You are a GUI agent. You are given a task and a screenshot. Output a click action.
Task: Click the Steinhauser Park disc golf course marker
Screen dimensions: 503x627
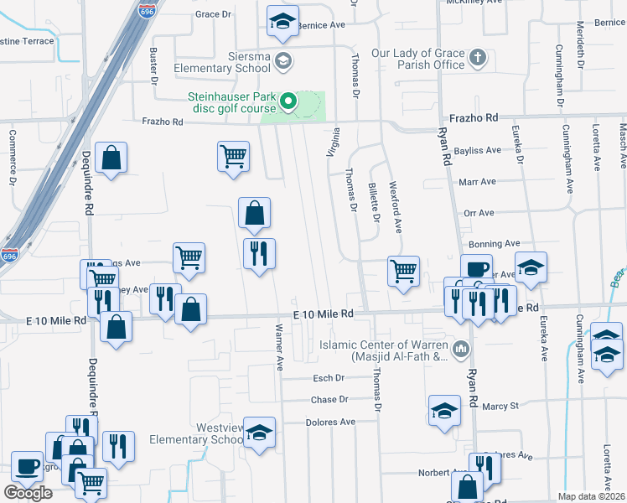tap(288, 103)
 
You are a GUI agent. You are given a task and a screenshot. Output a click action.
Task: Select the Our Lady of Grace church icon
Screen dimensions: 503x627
tap(477, 59)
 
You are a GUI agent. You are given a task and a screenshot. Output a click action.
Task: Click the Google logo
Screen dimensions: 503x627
tap(28, 493)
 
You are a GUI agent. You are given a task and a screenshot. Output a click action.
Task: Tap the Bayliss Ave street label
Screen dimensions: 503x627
tap(478, 151)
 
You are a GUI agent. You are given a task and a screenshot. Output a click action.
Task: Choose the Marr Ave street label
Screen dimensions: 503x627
tap(478, 181)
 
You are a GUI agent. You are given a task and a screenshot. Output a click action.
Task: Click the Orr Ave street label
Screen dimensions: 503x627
tap(479, 213)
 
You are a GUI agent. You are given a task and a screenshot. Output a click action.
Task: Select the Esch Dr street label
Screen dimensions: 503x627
tap(329, 378)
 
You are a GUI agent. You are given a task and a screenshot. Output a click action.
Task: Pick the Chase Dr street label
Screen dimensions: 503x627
tap(329, 400)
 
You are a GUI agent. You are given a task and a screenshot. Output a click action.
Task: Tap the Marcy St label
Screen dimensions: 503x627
tap(500, 406)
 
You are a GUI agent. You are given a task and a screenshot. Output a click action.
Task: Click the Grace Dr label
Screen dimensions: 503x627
tap(213, 14)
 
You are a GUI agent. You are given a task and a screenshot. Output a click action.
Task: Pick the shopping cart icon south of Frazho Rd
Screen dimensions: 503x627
tap(233, 156)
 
